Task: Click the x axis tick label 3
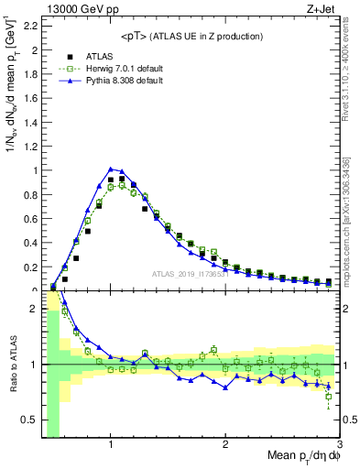[x=339, y=446]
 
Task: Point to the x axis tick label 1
[x=111, y=446]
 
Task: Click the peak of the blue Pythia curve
[x=111, y=169]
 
